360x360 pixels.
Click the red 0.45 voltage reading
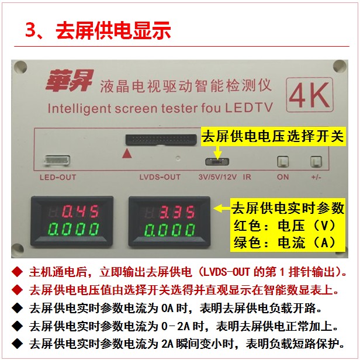pos(81,211)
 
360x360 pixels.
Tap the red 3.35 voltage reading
pos(177,212)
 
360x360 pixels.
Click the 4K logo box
pos(310,95)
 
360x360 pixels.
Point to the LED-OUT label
pos(58,177)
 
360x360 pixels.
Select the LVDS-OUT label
pos(160,177)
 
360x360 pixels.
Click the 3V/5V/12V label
pos(217,177)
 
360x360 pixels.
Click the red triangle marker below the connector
pos(127,153)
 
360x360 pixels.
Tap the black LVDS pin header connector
pos(161,140)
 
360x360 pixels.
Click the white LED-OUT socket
pos(57,160)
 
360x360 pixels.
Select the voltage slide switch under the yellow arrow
pos(217,162)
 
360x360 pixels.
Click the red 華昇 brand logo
pos(70,81)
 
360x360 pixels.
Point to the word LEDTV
pos(248,108)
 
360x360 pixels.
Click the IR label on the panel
pos(247,177)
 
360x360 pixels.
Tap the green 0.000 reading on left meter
pos(74,229)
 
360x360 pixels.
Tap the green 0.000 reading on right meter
pos(169,230)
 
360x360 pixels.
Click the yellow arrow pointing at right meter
pos(222,208)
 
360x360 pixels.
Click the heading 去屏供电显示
pos(113,30)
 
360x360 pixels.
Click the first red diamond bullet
pos(17,272)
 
